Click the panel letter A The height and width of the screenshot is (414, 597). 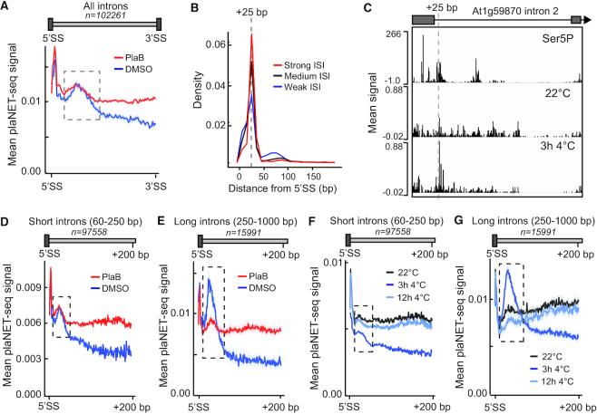pyautogui.click(x=7, y=7)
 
